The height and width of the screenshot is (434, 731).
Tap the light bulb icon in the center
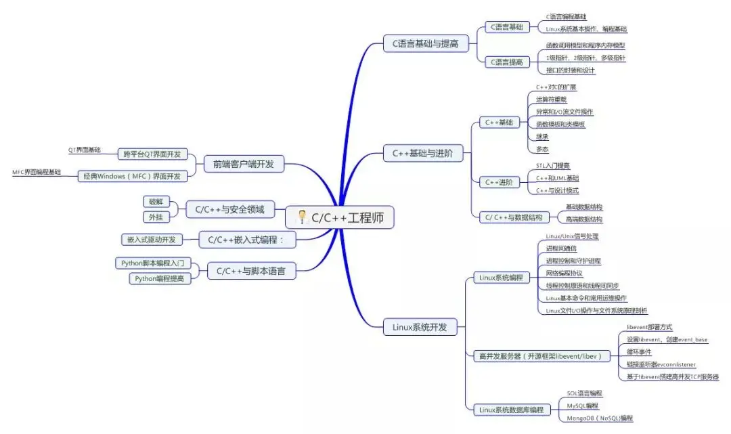coord(302,217)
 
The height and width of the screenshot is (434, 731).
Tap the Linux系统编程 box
coord(501,277)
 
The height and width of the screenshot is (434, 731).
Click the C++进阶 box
coord(499,181)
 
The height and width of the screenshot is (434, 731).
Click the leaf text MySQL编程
coord(582,406)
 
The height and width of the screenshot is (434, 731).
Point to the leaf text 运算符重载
coord(551,100)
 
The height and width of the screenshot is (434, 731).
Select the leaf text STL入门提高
coord(552,165)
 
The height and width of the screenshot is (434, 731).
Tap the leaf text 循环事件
coord(639,352)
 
